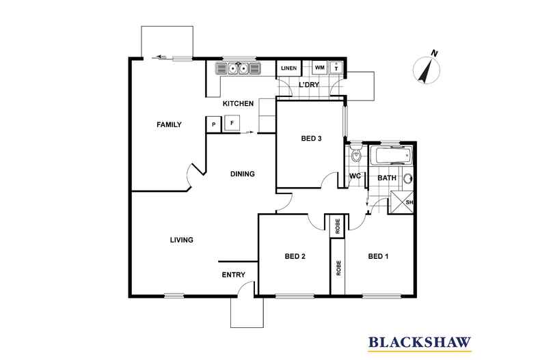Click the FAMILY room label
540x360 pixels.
click(x=169, y=124)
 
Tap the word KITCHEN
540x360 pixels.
click(x=238, y=103)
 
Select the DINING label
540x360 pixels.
click(x=243, y=174)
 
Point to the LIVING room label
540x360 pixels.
click(x=182, y=240)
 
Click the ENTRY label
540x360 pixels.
click(x=234, y=275)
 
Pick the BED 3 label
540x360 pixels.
click(x=311, y=139)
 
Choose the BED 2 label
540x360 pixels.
click(x=295, y=256)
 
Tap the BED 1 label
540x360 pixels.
click(x=378, y=256)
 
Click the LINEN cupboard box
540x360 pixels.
click(x=289, y=68)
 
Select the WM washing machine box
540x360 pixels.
click(x=320, y=68)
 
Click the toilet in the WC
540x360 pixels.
click(x=355, y=154)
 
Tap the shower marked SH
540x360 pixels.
click(x=401, y=202)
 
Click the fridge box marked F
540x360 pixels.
click(x=232, y=123)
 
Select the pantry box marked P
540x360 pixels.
click(x=214, y=124)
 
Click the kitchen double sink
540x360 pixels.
click(x=238, y=68)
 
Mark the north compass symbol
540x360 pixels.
click(x=427, y=68)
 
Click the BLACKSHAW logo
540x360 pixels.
click(x=420, y=343)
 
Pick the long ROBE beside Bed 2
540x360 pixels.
click(x=338, y=267)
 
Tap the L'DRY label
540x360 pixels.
click(x=308, y=85)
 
